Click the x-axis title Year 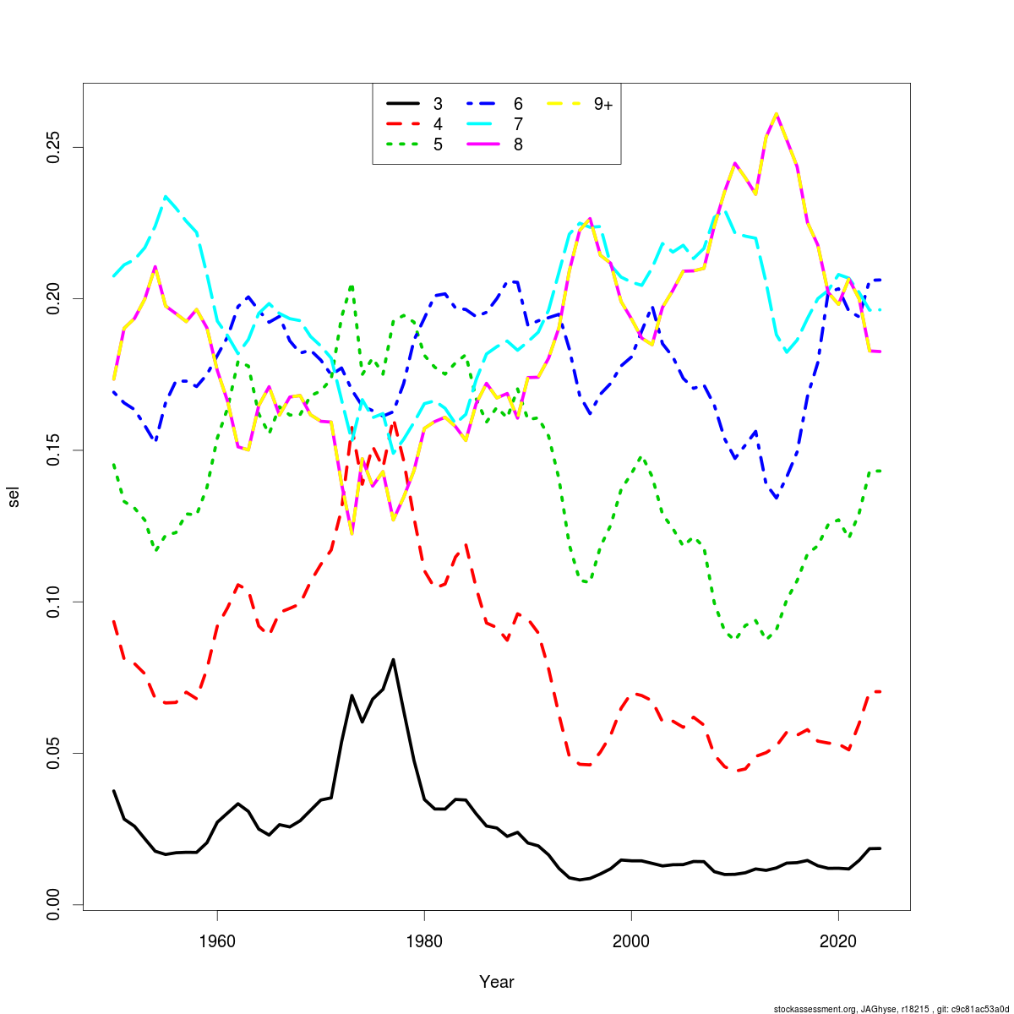pos(496,982)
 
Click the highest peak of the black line pos(394,660)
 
